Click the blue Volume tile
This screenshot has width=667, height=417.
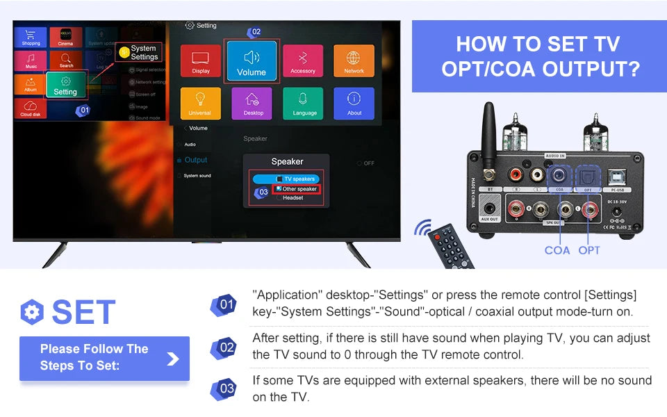click(x=252, y=61)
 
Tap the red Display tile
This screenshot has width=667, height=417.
click(x=201, y=61)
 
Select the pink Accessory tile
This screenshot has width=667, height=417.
click(x=303, y=61)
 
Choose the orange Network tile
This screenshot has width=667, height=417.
click(x=354, y=61)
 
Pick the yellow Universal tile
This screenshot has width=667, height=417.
click(x=200, y=103)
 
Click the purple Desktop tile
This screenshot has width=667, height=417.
click(x=252, y=103)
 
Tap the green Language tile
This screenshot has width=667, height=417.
click(x=304, y=103)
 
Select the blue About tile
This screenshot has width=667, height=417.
click(x=354, y=103)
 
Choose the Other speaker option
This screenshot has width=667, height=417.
click(x=298, y=188)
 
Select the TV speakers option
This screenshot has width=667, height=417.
click(x=298, y=179)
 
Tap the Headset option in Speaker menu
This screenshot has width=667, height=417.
click(x=293, y=198)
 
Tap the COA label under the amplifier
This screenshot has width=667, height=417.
click(x=557, y=250)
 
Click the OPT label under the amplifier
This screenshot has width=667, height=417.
click(x=589, y=250)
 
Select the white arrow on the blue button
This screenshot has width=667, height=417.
click(x=173, y=359)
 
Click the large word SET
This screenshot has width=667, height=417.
click(x=83, y=312)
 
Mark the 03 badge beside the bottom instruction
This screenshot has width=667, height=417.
click(x=227, y=389)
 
